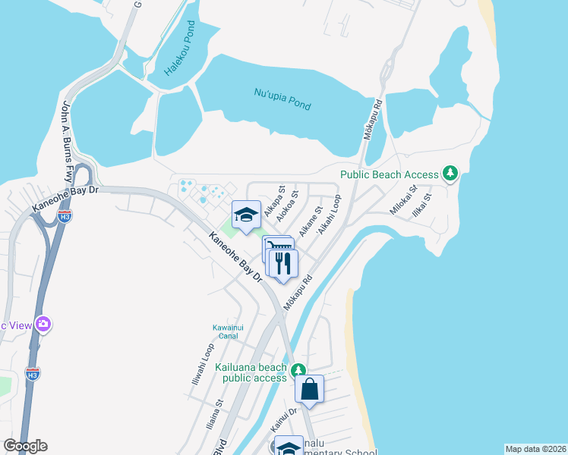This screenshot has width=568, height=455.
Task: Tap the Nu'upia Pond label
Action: tap(282, 99)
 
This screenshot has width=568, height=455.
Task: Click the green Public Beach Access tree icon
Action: tap(451, 174)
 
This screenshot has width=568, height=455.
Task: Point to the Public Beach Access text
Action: tap(390, 174)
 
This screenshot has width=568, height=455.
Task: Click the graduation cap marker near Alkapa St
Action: tap(246, 215)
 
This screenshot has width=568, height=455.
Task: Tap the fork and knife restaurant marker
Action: tap(283, 264)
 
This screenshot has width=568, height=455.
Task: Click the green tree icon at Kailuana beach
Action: tap(299, 369)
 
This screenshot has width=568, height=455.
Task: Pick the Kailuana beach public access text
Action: tap(251, 372)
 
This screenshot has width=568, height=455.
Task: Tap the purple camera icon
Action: tap(43, 325)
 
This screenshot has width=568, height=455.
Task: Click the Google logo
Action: tap(25, 446)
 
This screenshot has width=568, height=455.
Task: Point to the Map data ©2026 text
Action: tap(535, 449)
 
